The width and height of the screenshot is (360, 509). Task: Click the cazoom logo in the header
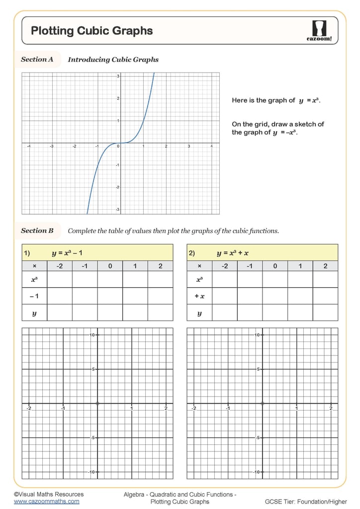(318, 31)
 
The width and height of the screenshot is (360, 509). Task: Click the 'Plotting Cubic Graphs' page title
(92, 31)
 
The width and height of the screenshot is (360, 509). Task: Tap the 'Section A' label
(37, 60)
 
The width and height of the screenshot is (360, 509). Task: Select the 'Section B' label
(37, 231)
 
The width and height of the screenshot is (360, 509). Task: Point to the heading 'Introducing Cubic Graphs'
(113, 60)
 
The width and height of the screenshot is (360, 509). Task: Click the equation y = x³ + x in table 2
(233, 253)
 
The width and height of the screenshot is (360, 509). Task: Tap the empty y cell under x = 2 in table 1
(160, 313)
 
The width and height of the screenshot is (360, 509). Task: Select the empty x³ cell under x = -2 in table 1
(60, 279)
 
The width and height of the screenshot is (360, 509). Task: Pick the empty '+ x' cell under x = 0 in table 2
(275, 296)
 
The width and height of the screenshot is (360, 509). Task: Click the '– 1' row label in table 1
(34, 296)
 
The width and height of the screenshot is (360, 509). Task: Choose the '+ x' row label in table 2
(199, 296)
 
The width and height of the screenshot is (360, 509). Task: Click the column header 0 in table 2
(275, 266)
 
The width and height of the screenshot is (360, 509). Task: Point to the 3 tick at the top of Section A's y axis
(118, 76)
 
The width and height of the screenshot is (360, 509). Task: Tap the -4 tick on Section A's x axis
(29, 146)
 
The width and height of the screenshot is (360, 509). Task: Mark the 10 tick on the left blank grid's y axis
(92, 335)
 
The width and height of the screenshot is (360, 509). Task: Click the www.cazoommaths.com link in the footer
(46, 502)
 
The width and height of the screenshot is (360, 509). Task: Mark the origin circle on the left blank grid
(97, 403)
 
